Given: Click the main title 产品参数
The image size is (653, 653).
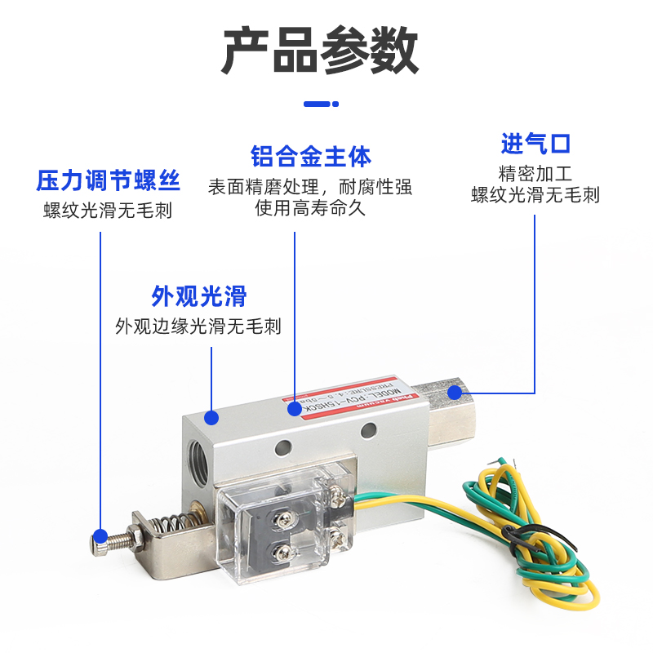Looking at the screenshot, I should tap(320, 51).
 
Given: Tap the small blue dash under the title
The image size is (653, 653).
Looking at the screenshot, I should tap(320, 104).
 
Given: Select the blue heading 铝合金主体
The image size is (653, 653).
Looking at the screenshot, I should tap(310, 156).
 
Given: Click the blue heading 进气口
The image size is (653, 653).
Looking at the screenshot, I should tap(535, 144).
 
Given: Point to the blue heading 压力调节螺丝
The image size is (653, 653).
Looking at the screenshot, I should tap(109, 180).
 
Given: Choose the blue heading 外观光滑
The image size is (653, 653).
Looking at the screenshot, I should tap(198, 295).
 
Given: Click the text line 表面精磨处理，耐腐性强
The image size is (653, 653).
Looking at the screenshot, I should tap(310, 187).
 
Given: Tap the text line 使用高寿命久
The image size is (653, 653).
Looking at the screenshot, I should tap(310, 208).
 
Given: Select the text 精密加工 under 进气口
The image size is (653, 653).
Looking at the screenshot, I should tap(535, 173).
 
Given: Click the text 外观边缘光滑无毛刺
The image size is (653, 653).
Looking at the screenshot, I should tap(198, 326).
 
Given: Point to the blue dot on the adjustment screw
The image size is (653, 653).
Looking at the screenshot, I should tap(100, 536).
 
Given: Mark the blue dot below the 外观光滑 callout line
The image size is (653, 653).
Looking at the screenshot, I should tap(211, 417).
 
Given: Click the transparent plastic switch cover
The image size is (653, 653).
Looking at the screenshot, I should tap(273, 522).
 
